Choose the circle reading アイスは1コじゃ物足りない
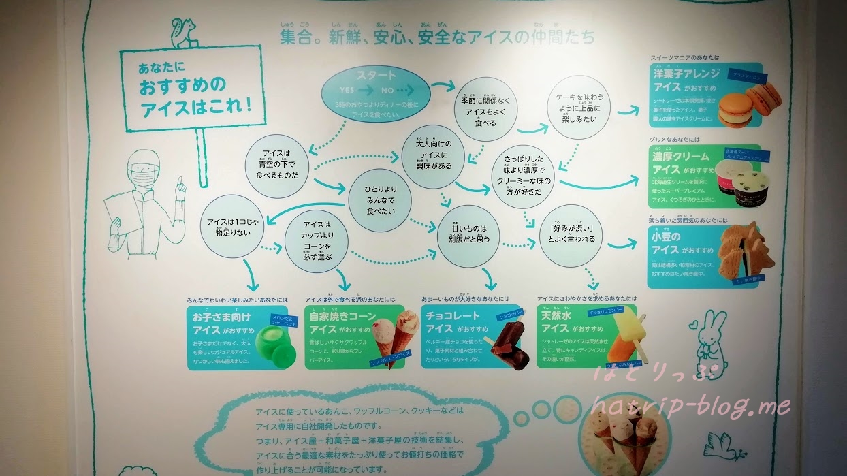234,227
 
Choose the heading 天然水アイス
564,323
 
